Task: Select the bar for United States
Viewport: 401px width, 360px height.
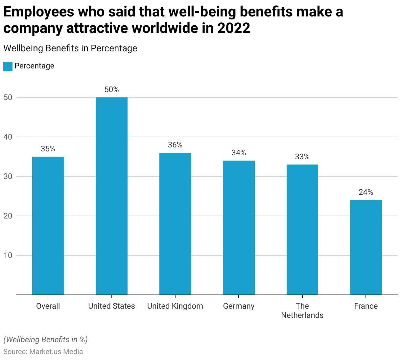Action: click(x=111, y=196)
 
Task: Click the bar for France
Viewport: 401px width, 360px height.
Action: click(x=366, y=247)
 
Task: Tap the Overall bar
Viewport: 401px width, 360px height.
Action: click(x=48, y=225)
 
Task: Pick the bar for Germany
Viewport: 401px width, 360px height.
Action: click(x=239, y=227)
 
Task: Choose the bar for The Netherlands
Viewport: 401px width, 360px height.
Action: click(x=302, y=229)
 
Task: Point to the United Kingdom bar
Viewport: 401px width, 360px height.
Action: click(x=175, y=223)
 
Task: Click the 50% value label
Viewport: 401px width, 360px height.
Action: click(x=111, y=90)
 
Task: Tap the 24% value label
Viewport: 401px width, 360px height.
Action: click(x=366, y=192)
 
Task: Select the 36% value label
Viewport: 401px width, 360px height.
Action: click(x=175, y=145)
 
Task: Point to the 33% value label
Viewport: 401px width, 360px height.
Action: click(x=302, y=157)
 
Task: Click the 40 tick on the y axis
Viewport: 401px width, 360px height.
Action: click(x=8, y=137)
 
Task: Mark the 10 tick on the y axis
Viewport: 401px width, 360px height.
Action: click(x=8, y=255)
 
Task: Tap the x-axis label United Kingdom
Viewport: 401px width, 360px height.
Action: click(x=175, y=306)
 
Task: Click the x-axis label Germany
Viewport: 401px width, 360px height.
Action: click(x=239, y=306)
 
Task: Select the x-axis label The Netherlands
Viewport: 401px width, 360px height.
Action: click(x=302, y=311)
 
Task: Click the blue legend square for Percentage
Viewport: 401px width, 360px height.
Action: click(x=8, y=66)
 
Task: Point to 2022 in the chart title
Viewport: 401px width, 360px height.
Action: click(x=233, y=28)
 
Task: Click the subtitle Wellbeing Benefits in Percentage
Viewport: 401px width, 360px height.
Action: click(x=70, y=48)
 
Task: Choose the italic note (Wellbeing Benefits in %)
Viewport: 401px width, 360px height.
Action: click(x=45, y=340)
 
